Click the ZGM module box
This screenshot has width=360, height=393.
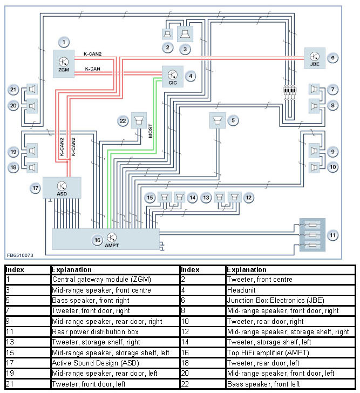click(64, 64)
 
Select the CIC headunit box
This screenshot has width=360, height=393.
click(173, 77)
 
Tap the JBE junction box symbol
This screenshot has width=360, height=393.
click(315, 58)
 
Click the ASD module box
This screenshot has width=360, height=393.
click(62, 188)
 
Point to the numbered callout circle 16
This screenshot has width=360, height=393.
click(98, 240)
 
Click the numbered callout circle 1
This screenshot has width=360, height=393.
click(64, 42)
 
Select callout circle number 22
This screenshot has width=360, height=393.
click(123, 121)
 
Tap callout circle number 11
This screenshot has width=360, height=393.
click(332, 235)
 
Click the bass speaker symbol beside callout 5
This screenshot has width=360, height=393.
click(217, 120)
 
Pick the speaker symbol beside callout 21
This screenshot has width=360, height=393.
click(32, 89)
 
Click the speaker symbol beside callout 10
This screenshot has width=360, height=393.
click(314, 167)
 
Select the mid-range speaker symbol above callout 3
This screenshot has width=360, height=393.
click(185, 34)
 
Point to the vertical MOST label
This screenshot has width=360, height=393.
click(150, 131)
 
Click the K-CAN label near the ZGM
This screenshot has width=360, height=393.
click(92, 69)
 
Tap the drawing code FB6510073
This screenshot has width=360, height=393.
click(20, 255)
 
